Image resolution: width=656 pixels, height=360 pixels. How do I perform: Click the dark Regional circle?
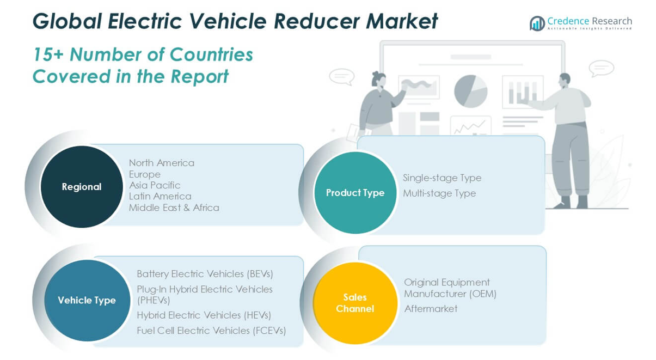(x=82, y=187)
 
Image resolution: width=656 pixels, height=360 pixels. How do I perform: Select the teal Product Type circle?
(x=355, y=192)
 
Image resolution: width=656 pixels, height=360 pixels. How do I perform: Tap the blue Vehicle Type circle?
(x=87, y=300)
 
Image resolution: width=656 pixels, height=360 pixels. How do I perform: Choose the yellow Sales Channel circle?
(x=355, y=303)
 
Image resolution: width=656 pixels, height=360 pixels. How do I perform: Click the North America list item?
(x=162, y=163)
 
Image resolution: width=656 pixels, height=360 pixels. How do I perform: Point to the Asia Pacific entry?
(x=155, y=185)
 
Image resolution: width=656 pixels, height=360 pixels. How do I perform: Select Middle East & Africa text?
(x=174, y=208)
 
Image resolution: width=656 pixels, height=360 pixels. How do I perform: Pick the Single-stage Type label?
(x=442, y=178)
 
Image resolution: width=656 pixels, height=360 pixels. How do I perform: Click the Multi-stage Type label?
(x=439, y=193)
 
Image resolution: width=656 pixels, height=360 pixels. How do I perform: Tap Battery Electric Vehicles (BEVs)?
(x=205, y=274)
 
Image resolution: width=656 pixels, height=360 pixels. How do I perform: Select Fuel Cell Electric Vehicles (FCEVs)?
(x=211, y=331)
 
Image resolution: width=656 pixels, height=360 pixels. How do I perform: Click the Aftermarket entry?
(x=431, y=309)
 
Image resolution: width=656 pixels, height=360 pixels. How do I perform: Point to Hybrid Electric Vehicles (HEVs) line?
(x=204, y=315)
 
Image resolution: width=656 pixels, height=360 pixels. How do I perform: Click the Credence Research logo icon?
(x=537, y=23)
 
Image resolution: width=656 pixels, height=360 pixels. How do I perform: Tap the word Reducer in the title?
(x=317, y=21)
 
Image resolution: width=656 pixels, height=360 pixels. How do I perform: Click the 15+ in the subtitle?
(x=48, y=54)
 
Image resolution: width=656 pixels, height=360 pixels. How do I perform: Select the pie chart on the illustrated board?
(x=470, y=91)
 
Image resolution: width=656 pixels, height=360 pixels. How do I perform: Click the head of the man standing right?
(x=565, y=80)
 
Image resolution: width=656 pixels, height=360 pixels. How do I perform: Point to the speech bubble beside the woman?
(x=342, y=77)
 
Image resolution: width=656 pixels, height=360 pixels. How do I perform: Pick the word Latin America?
(x=160, y=197)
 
